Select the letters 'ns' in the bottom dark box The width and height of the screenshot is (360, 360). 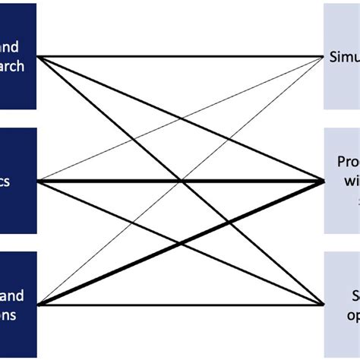pyautogui.click(x=8, y=312)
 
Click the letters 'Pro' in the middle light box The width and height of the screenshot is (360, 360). pyautogui.click(x=348, y=163)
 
